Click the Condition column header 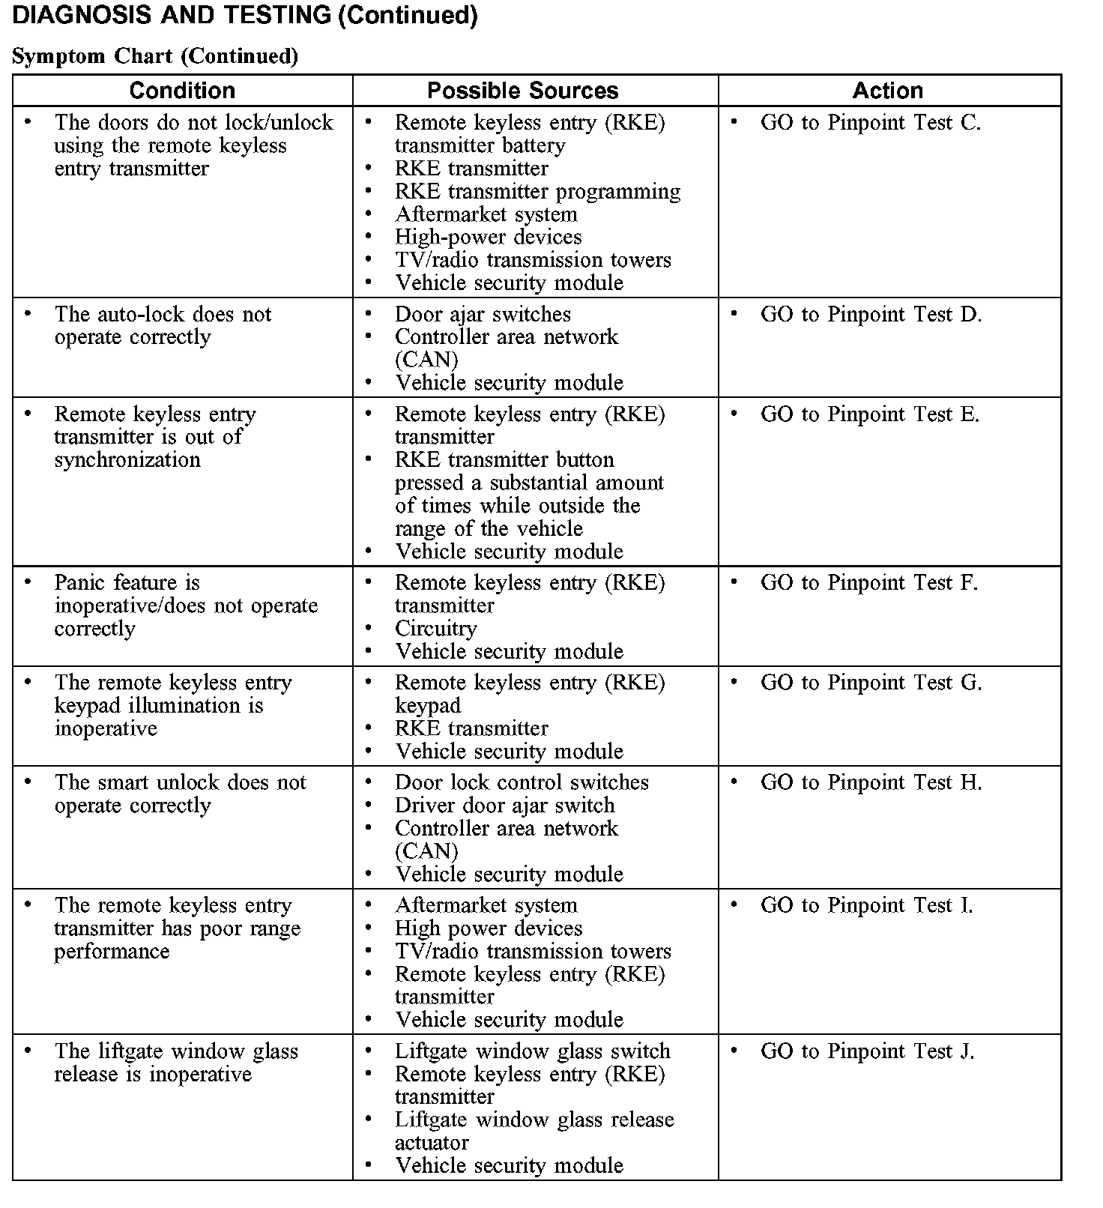point(182,91)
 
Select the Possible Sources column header point(522,91)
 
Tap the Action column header point(887,91)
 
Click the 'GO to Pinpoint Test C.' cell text point(870,123)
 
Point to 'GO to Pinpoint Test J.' point(867,1051)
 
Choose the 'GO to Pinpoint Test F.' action point(868,583)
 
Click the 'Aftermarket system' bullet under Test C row point(486,214)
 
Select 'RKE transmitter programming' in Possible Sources point(537,192)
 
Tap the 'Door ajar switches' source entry point(483,315)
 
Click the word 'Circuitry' point(435,629)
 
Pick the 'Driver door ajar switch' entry point(504,806)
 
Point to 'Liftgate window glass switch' point(532,1051)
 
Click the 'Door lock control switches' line point(522,782)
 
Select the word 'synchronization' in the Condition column point(127,460)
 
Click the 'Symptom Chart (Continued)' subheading point(155,56)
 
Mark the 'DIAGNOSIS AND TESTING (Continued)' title point(245,15)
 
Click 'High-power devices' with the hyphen point(488,238)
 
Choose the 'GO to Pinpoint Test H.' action point(870,782)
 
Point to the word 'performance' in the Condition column point(112,952)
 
